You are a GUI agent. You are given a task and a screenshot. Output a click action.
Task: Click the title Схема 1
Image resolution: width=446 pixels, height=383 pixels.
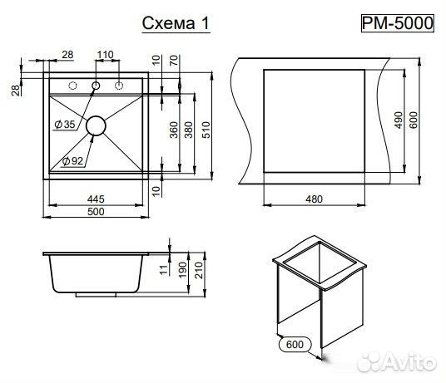[176, 23]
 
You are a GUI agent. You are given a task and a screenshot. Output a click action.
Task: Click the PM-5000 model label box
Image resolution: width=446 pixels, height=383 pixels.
[398, 23]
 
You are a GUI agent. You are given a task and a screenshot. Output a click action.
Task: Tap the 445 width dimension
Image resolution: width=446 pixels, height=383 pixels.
[96, 199]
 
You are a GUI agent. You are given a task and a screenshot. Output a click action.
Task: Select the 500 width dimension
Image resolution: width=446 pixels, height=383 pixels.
[96, 212]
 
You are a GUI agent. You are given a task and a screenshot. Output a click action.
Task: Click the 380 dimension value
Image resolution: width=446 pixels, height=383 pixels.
[189, 130]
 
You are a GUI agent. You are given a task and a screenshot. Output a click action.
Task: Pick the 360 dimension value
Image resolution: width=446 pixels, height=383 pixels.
[174, 130]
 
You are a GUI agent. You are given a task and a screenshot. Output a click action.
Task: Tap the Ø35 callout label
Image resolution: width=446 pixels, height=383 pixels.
[65, 124]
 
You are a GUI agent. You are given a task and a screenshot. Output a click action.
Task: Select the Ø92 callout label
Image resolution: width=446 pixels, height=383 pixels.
[72, 161]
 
